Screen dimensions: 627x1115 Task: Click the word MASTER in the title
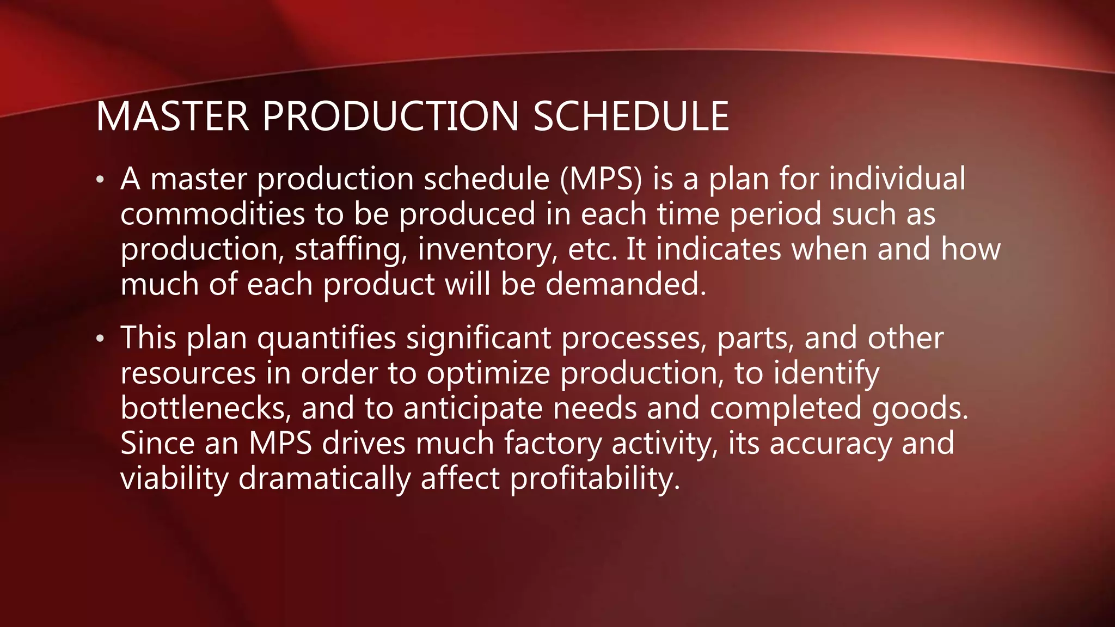click(172, 116)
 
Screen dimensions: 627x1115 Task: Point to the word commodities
click(212, 214)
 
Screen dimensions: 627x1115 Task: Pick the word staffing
click(351, 250)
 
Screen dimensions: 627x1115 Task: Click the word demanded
click(626, 284)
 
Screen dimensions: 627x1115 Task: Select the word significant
click(479, 339)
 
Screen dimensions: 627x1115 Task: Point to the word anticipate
click(473, 409)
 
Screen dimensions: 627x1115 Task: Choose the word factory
click(553, 444)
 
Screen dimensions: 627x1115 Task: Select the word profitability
click(595, 479)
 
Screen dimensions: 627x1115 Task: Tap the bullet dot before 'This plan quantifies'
click(100, 339)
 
